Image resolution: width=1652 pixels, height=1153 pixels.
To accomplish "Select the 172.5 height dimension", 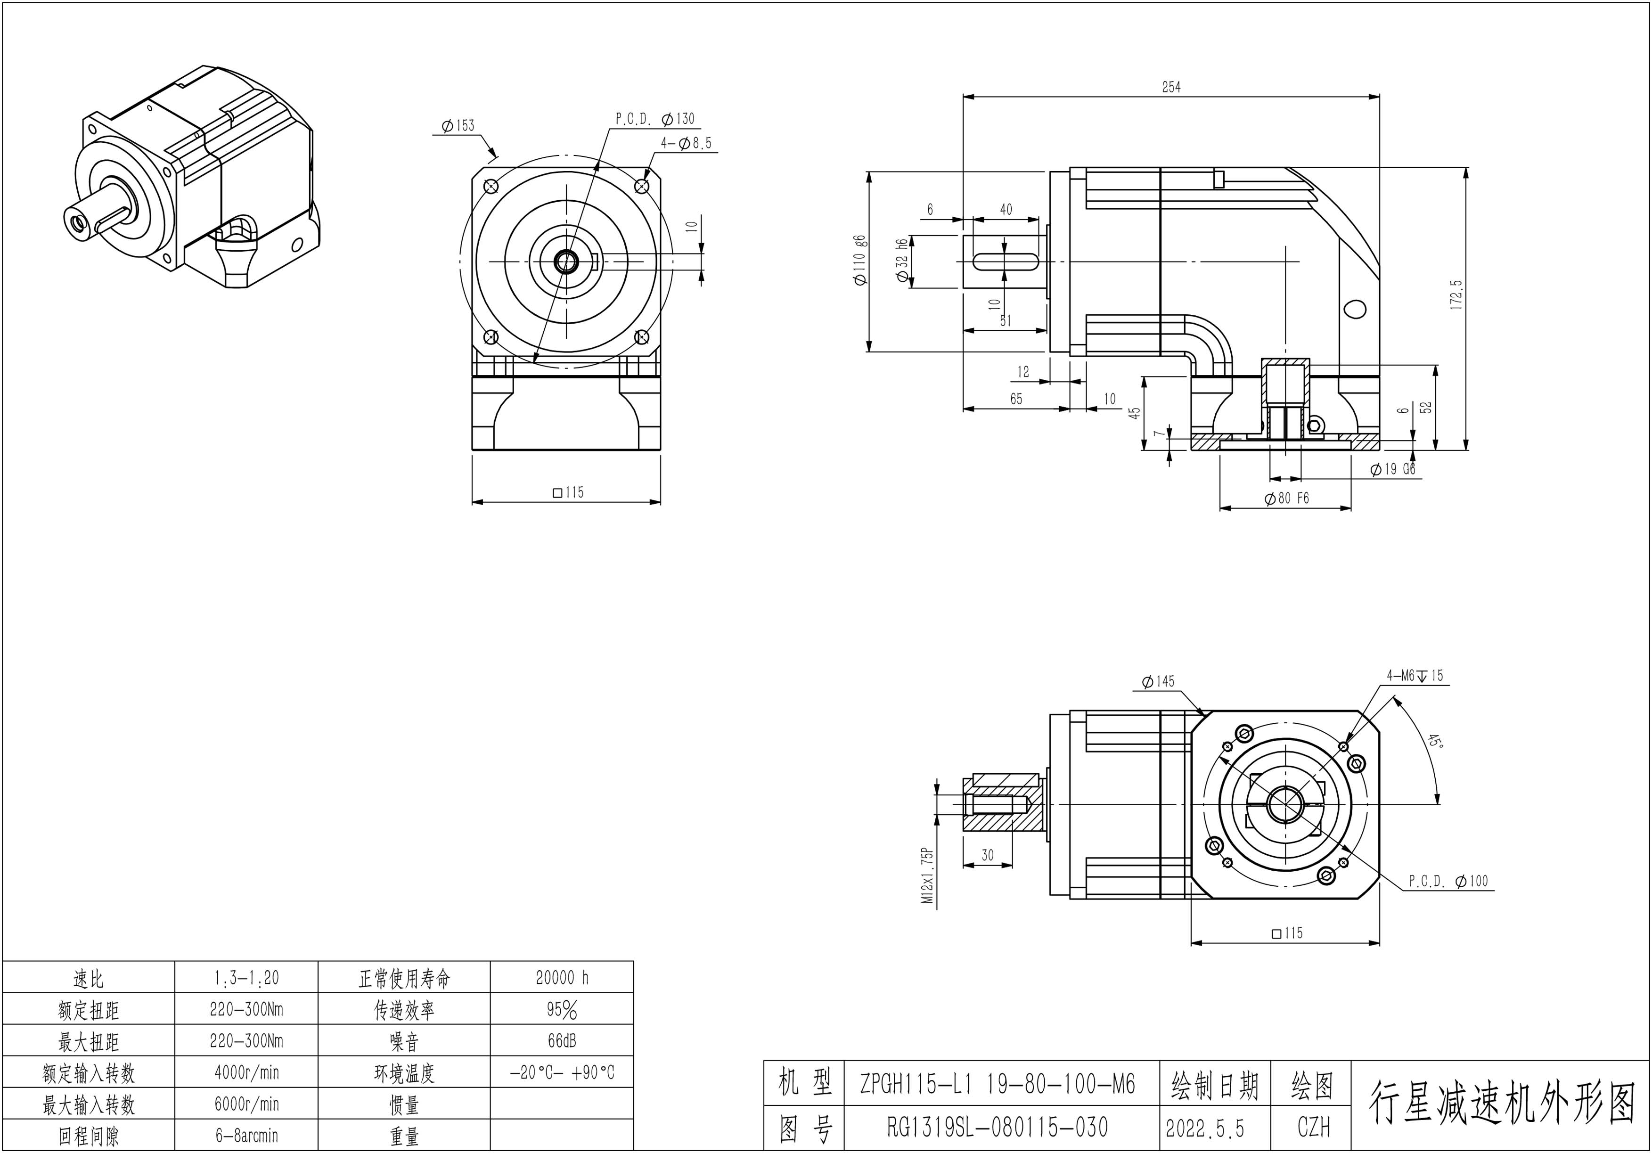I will (1457, 294).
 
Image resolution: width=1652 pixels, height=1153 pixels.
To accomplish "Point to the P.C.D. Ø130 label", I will (655, 119).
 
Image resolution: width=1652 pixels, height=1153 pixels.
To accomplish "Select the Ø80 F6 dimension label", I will (1286, 498).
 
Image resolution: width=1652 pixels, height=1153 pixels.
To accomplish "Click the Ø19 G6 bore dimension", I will (1392, 469).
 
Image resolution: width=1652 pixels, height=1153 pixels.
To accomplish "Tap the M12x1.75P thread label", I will (928, 875).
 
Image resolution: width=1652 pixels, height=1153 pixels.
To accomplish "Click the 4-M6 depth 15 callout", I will (1415, 676).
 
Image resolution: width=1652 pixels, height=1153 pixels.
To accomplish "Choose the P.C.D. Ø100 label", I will (1448, 881).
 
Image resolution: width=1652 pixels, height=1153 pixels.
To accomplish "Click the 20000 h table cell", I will (562, 977).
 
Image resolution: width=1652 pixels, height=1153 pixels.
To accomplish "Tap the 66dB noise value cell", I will (562, 1041).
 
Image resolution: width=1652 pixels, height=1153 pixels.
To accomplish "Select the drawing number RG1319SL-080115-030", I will (997, 1127).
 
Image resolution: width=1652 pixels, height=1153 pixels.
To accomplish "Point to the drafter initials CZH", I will (1313, 1127).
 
